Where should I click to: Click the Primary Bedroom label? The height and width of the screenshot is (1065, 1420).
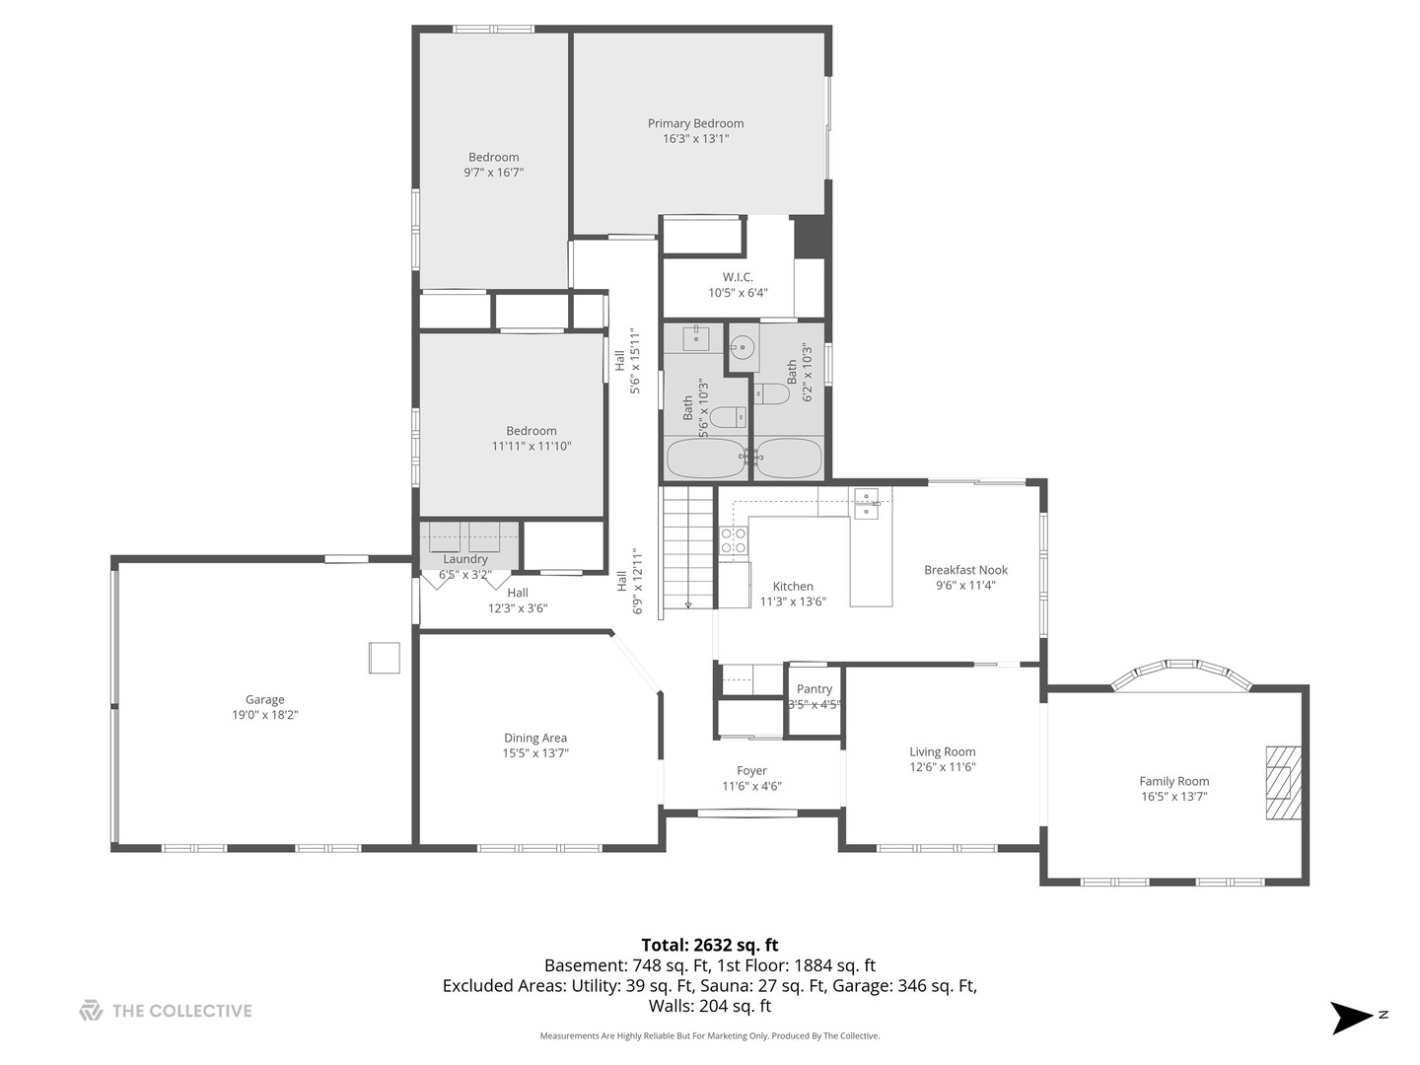(x=695, y=123)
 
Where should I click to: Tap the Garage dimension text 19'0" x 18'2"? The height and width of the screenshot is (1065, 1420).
(x=264, y=715)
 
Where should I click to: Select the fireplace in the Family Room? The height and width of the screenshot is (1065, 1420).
(x=1284, y=783)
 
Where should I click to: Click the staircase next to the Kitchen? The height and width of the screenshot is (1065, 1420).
(x=687, y=547)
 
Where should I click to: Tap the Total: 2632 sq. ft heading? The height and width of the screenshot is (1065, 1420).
(x=710, y=946)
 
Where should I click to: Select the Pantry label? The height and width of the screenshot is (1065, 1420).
(x=814, y=688)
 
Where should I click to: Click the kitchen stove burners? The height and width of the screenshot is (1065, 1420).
(x=734, y=540)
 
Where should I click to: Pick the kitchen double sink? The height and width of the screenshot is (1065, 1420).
(x=866, y=504)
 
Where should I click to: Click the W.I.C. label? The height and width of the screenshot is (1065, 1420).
(x=738, y=277)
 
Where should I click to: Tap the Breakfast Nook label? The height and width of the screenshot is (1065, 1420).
(x=965, y=570)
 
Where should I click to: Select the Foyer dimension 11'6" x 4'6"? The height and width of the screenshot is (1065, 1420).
(x=751, y=786)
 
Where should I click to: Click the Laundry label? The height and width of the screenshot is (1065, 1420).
(x=465, y=559)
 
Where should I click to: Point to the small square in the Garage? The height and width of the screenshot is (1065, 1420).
(x=385, y=658)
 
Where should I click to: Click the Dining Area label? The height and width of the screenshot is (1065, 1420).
(x=535, y=738)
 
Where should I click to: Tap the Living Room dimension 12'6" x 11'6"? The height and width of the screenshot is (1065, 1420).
(x=942, y=767)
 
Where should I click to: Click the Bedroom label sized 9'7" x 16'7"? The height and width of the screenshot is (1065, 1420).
(x=494, y=157)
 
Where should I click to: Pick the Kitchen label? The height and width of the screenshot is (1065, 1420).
(x=793, y=587)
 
